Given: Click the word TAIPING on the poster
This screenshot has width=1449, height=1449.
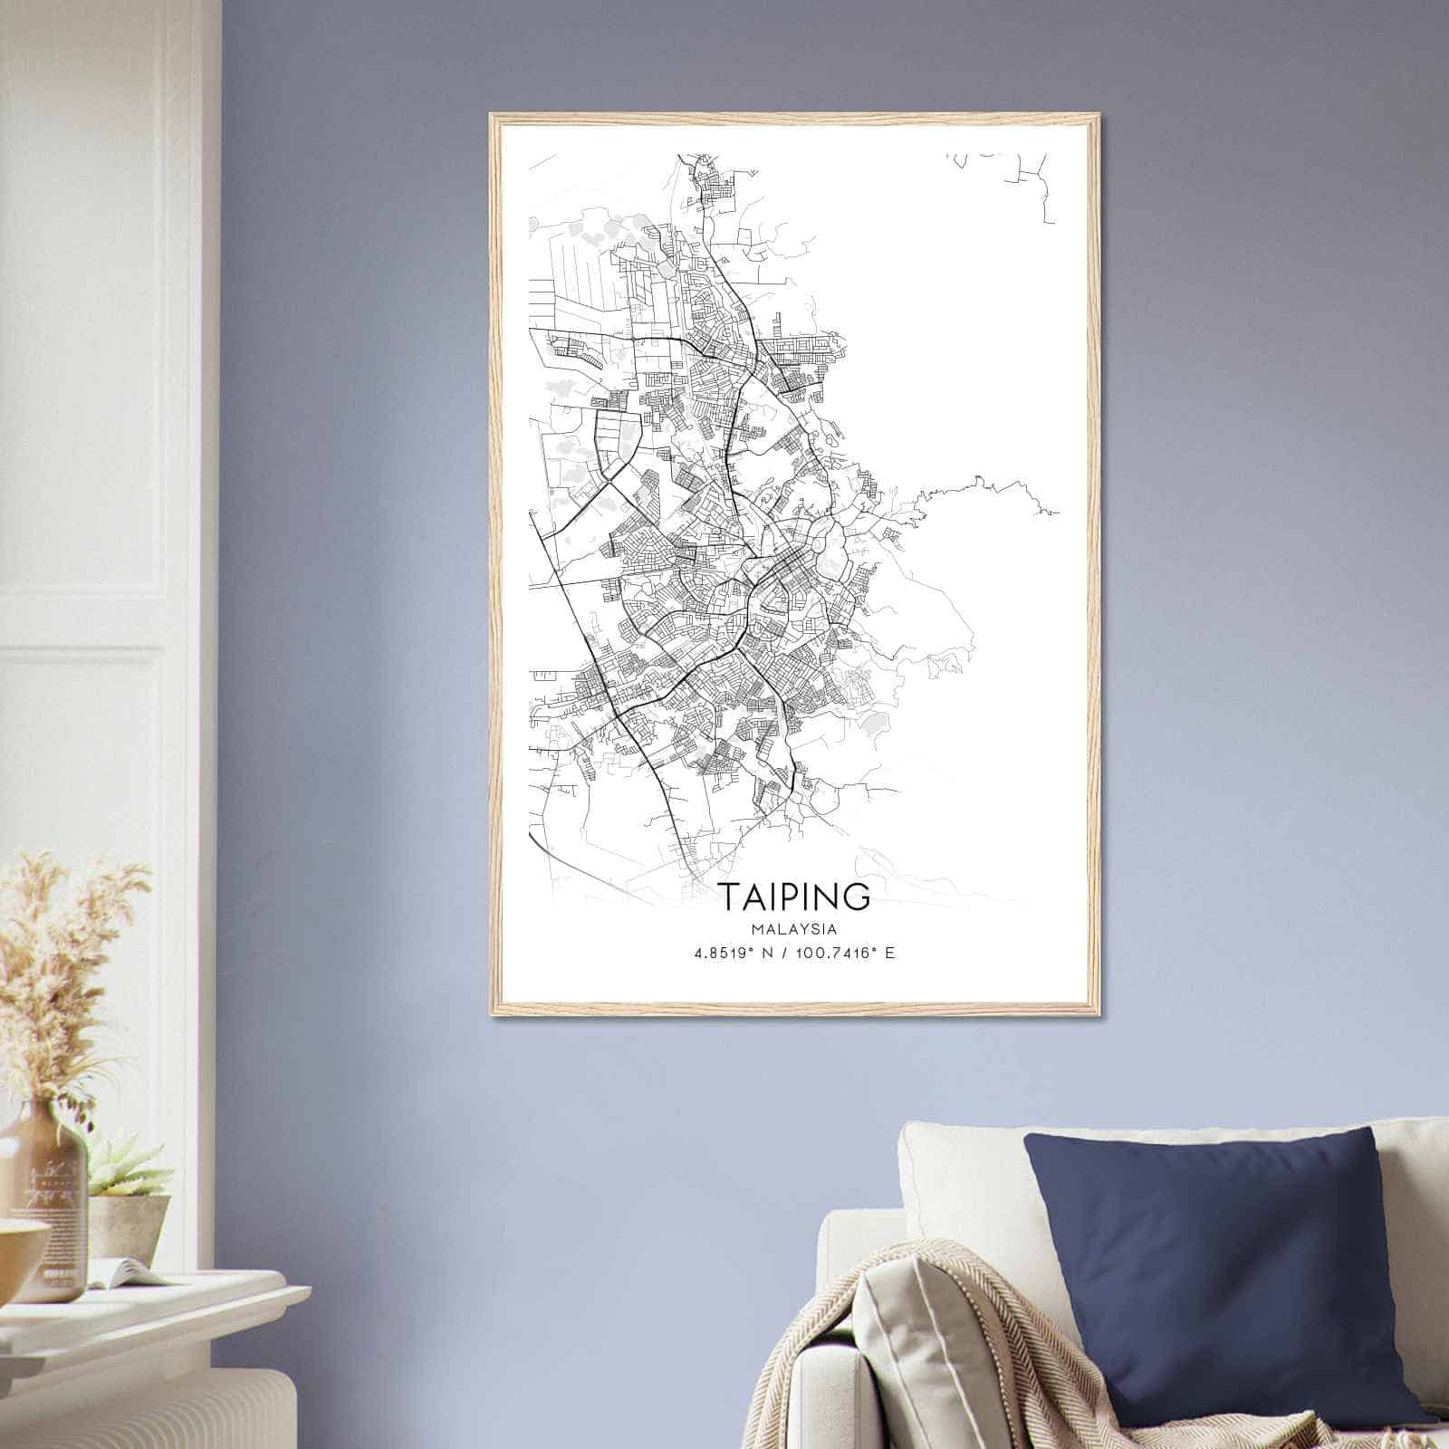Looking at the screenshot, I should pos(796,896).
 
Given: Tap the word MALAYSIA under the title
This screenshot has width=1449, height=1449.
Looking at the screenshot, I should pos(793,929).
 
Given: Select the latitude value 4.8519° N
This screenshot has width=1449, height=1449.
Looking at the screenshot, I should pos(731,953).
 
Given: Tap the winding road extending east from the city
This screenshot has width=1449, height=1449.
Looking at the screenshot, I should pos(987,494).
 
